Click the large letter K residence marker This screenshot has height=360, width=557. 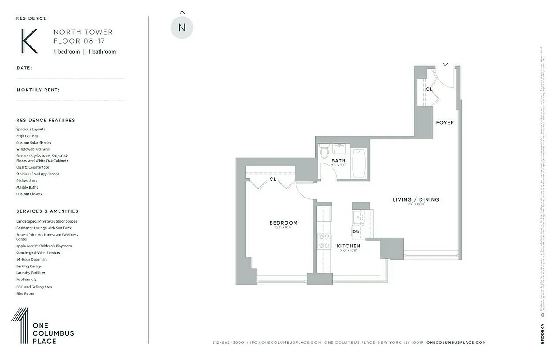29,41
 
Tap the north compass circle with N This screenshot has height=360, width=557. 182,27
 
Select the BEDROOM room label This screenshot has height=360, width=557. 283,223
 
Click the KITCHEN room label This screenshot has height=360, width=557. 349,246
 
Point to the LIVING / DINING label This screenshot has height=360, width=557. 416,200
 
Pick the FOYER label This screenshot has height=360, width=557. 445,123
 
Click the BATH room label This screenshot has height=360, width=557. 339,161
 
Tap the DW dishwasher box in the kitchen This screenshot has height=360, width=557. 356,232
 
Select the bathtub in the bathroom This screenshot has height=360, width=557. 359,163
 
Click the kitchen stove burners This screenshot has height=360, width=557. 324,241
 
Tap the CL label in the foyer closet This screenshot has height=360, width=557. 429,90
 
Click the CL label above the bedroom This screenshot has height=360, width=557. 273,179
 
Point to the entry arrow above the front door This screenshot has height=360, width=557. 445,64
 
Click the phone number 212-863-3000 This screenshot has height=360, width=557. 228,342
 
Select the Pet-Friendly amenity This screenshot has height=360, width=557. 27,279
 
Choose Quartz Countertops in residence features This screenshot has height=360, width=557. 33,167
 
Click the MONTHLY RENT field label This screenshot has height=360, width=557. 38,90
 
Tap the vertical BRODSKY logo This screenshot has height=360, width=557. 542,333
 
